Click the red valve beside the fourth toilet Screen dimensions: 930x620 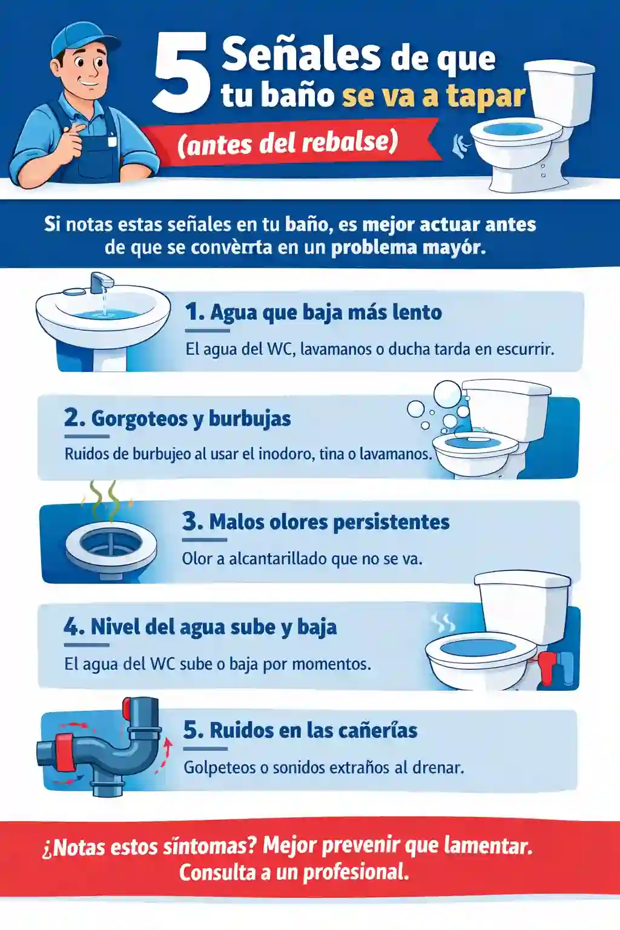(x=547, y=667)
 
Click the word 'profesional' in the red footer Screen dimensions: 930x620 (x=355, y=872)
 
